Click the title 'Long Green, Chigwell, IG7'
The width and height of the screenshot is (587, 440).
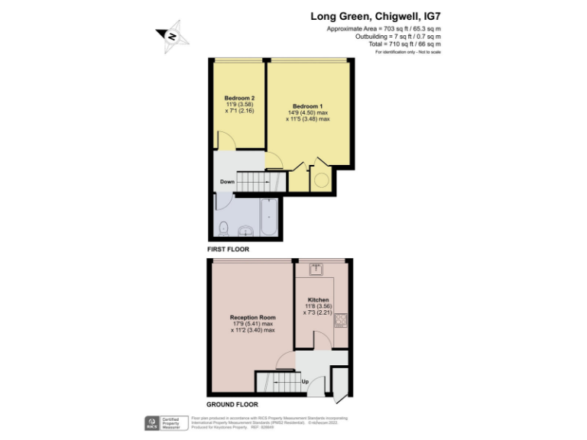tap(375, 15)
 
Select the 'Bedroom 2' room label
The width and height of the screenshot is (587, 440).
tap(239, 98)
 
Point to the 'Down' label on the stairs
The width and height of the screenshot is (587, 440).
tap(227, 182)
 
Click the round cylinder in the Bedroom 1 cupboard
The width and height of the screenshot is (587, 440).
tap(320, 181)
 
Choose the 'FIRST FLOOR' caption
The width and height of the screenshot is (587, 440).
tap(229, 249)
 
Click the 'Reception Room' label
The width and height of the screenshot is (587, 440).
tap(252, 317)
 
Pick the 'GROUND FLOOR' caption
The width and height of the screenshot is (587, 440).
tap(232, 404)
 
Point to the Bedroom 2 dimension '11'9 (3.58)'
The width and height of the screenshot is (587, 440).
tap(239, 105)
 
